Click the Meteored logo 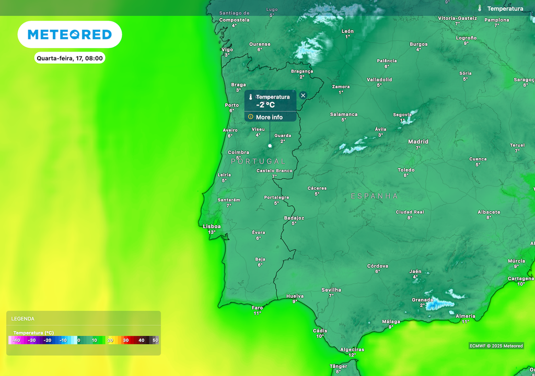click(x=69, y=34)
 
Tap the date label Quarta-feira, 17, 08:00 click(x=70, y=58)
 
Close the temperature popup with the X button click(x=303, y=96)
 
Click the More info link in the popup click(x=269, y=117)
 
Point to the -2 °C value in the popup click(x=265, y=105)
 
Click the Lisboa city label click(x=212, y=226)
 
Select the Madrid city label click(x=418, y=142)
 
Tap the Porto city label click(x=231, y=105)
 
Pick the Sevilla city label click(x=331, y=290)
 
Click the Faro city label click(x=258, y=308)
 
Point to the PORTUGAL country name click(x=259, y=161)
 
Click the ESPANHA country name click(x=375, y=196)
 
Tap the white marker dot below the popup click(x=270, y=146)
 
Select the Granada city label click(x=423, y=300)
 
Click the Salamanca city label click(x=344, y=114)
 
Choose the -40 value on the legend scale click(x=17, y=340)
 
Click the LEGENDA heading click(x=23, y=319)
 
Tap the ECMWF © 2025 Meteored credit click(x=496, y=346)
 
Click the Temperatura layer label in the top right click(x=505, y=8)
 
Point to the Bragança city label click(x=302, y=71)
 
